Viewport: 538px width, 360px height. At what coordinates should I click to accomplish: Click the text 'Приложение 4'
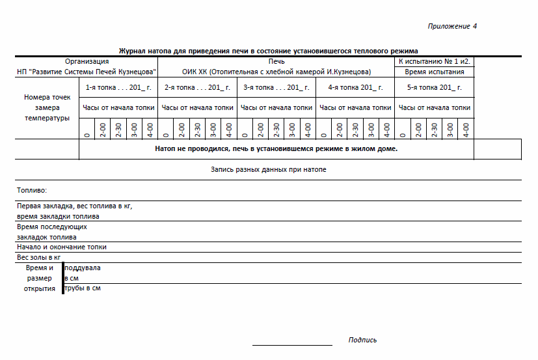point(452,26)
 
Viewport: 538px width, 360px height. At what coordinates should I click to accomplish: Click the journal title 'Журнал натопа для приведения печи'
point(268,51)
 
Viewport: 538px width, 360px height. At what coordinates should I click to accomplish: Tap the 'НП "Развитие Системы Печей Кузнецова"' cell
point(87,72)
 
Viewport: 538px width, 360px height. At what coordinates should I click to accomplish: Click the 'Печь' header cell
point(276,61)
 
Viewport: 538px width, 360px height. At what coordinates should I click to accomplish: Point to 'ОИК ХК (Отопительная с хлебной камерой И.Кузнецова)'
point(276,72)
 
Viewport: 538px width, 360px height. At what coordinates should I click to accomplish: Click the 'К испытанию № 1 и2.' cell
point(435,61)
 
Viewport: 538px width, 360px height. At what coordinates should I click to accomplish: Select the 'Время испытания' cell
point(435,72)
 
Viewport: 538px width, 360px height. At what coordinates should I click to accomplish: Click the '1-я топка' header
point(118,87)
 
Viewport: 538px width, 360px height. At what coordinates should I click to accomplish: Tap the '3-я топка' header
point(276,87)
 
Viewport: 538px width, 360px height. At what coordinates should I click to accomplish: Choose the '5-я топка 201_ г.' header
point(435,87)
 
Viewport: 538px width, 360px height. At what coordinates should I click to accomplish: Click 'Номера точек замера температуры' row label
point(46,107)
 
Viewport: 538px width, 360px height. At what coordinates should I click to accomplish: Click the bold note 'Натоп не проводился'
point(276,148)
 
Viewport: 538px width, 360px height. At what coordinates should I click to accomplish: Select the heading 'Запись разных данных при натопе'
point(269,169)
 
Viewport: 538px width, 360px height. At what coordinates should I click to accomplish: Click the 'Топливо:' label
point(32,190)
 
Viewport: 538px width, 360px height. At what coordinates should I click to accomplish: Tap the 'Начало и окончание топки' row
point(61,247)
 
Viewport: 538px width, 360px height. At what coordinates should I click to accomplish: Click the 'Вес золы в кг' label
point(38,257)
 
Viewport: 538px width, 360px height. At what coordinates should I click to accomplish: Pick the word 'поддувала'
point(83,268)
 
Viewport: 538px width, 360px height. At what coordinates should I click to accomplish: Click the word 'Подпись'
point(362,340)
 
